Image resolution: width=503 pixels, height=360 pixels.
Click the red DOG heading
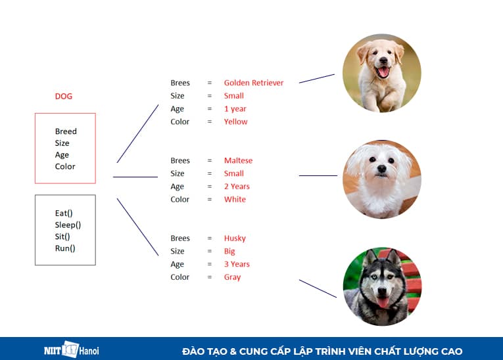pos(64,97)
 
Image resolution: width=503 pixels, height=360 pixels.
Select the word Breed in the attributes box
pos(66,131)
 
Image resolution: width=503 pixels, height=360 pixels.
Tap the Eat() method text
pos(65,214)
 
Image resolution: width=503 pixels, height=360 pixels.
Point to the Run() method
pos(65,248)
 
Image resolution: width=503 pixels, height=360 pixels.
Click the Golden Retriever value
pos(254,83)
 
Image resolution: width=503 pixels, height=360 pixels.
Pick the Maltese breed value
pos(238,161)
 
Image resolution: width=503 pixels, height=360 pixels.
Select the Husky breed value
pos(235,238)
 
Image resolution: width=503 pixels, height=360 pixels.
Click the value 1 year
pos(235,109)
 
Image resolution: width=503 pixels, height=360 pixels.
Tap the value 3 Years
pos(237,264)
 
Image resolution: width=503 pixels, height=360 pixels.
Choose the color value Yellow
pos(235,122)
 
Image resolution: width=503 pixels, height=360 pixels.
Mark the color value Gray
pos(232,277)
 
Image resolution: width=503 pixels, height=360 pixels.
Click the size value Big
pos(229,251)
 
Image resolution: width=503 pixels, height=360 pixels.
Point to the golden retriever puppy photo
pos(382,72)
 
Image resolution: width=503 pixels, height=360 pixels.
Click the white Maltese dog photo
pos(382,179)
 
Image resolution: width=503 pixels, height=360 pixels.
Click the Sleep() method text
pos(68,225)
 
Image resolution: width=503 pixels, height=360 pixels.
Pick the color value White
pos(235,200)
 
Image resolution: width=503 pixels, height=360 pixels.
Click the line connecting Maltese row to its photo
pos(318,175)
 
